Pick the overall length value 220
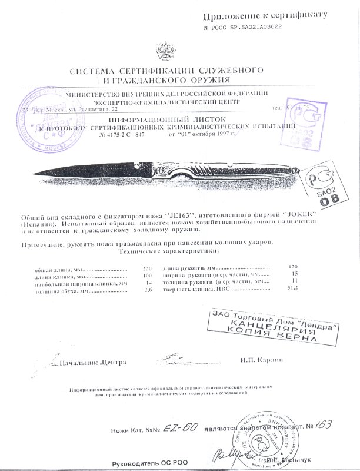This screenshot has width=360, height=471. (x=147, y=269)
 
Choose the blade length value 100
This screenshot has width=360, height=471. (x=147, y=277)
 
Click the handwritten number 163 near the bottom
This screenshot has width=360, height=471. (x=324, y=425)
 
